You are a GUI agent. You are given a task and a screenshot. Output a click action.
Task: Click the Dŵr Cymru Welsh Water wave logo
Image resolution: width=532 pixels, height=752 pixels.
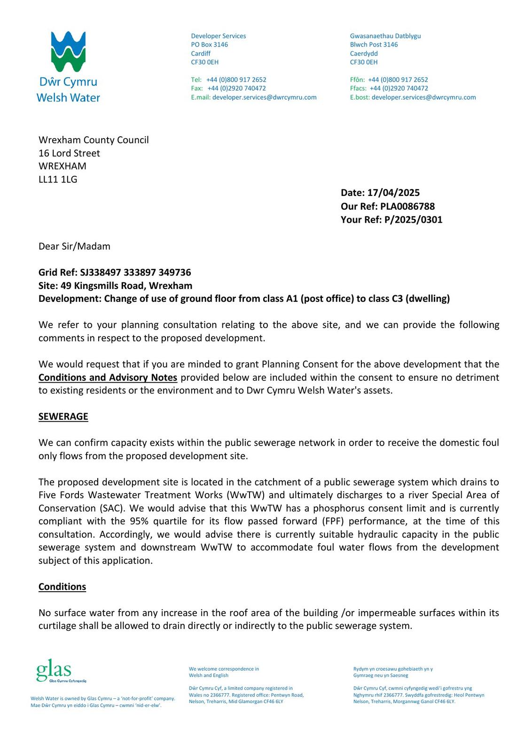pyautogui.click(x=68, y=52)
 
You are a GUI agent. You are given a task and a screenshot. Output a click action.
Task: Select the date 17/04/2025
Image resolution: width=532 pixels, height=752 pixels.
pyautogui.click(x=393, y=193)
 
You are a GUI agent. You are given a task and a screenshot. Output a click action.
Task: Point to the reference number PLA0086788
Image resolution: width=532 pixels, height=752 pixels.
pyautogui.click(x=407, y=206)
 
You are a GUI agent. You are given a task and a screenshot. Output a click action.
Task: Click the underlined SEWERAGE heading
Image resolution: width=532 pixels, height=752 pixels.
pyautogui.click(x=63, y=416)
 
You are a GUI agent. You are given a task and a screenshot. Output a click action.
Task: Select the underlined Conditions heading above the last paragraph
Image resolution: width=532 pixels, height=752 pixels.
pyautogui.click(x=62, y=587)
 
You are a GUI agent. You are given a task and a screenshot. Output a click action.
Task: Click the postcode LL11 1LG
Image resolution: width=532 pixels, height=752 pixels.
pyautogui.click(x=58, y=179)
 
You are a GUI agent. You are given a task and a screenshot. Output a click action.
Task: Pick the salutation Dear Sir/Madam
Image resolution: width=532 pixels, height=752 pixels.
pyautogui.click(x=74, y=246)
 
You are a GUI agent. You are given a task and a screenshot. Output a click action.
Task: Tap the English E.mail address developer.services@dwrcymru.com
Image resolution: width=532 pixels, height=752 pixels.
pyautogui.click(x=264, y=97)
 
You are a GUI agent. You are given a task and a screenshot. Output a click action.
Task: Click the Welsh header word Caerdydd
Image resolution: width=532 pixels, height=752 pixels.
pyautogui.click(x=364, y=54)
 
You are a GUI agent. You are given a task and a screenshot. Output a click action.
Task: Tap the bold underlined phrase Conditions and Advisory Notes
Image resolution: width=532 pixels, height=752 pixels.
pyautogui.click(x=108, y=377)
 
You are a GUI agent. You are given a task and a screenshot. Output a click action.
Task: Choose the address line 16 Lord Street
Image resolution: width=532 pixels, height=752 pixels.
pyautogui.click(x=69, y=153)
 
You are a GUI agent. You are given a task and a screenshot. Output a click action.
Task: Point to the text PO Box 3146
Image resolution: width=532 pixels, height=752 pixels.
pyautogui.click(x=209, y=45)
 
